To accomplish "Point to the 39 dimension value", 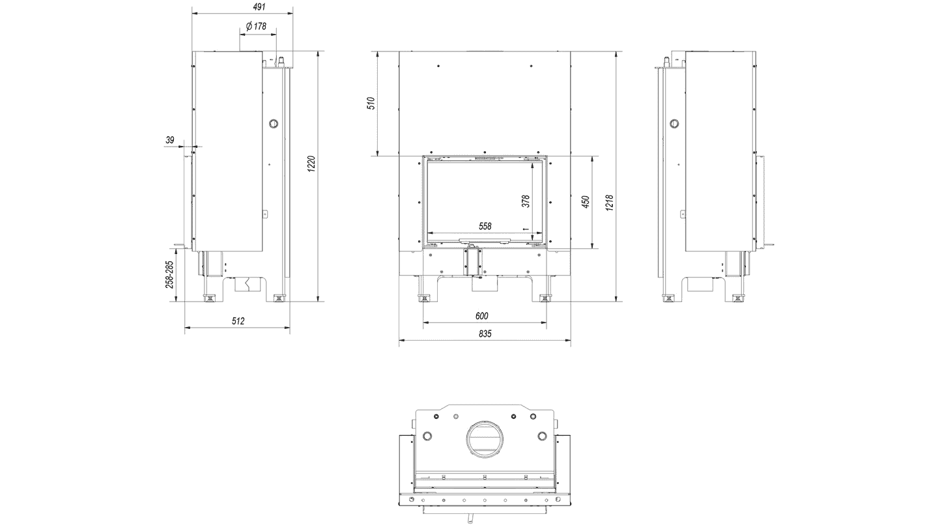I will click(170, 140).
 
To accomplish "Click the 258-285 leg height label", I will click(169, 274).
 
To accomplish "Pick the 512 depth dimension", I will click(237, 320).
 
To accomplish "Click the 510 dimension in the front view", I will click(371, 104).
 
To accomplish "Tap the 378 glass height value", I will click(526, 200).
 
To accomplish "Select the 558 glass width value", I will click(485, 226).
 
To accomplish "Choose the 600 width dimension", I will click(481, 316).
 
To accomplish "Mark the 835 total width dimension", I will click(485, 334).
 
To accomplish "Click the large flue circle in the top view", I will click(484, 440).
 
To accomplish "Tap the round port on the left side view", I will click(274, 124).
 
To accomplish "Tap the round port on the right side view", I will click(675, 124).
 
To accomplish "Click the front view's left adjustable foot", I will click(425, 298).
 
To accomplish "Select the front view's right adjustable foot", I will click(544, 298).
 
